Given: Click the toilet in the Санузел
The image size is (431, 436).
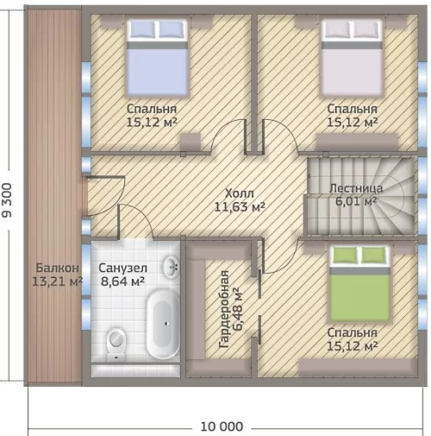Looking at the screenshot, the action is [116, 344].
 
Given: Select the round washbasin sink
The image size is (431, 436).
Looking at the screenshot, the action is [172, 267].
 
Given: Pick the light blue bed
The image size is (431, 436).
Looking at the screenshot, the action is [157, 57].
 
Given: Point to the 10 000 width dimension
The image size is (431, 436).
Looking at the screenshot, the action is [222, 427].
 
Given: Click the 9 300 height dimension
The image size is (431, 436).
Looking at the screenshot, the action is [7, 199].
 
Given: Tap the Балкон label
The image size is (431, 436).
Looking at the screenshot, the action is [57, 268].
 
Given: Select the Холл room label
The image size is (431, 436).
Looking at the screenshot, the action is [240, 193].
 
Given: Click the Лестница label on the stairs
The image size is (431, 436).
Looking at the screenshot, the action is [356, 188].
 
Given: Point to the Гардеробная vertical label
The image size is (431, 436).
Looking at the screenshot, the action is [224, 309].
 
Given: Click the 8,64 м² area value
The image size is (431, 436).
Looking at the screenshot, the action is [122, 281].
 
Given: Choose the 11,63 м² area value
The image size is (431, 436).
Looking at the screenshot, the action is [240, 206].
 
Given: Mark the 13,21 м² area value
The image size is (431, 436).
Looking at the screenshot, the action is [57, 281].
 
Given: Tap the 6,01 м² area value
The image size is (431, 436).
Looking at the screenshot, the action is [356, 201].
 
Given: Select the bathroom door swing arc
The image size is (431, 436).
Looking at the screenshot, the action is [144, 216].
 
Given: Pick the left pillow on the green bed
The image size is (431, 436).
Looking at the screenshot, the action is [345, 255].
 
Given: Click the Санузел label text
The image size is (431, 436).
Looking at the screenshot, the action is [122, 268].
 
